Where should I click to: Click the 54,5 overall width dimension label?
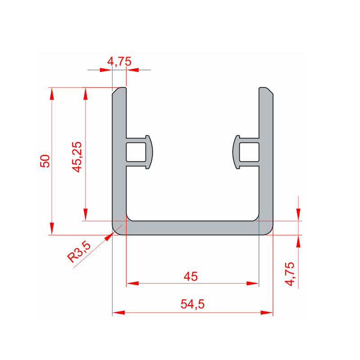pos(193,304)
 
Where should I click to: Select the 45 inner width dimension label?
pos(190,276)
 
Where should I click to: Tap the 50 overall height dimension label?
pos(45,161)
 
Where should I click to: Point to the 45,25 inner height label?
pos(76,157)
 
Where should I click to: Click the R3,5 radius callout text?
pos(79,252)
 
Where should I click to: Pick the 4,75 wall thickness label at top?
pos(119,62)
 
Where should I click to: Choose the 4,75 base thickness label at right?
pos(289,274)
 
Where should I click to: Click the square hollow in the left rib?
pos(136,152)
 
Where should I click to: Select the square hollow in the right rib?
pos(249,152)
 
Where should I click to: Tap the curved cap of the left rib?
pos(151,152)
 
